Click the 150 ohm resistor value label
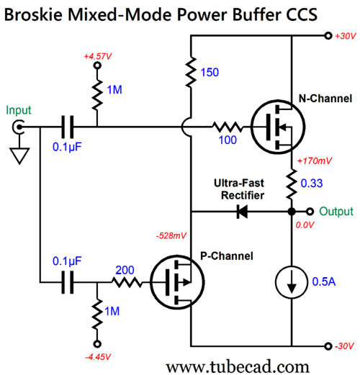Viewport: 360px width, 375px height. click(210, 73)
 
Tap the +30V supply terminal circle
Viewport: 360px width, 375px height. click(328, 36)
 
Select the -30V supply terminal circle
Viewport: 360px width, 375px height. click(328, 346)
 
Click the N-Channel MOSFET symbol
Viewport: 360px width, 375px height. click(278, 127)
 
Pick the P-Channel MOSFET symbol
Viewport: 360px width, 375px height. click(177, 282)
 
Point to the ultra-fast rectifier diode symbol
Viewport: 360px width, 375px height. click(242, 212)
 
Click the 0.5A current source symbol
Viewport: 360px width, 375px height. click(292, 282)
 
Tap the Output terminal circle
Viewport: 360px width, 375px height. click(310, 212)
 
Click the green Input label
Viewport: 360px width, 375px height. click(19, 111)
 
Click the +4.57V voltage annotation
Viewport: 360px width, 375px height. click(97, 57)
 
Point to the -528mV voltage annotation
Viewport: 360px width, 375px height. click(171, 236)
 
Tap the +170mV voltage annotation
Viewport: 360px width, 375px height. click(315, 161)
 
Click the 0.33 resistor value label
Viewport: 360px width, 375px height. click(312, 184)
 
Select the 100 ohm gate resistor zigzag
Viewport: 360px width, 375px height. click(228, 127)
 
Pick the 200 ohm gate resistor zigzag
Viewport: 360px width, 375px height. click(127, 282)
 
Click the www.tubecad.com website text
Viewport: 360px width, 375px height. click(238, 366)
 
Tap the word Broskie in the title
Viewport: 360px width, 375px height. click(34, 15)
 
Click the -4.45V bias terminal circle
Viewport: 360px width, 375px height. click(97, 344)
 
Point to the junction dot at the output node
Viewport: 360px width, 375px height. click(292, 212)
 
